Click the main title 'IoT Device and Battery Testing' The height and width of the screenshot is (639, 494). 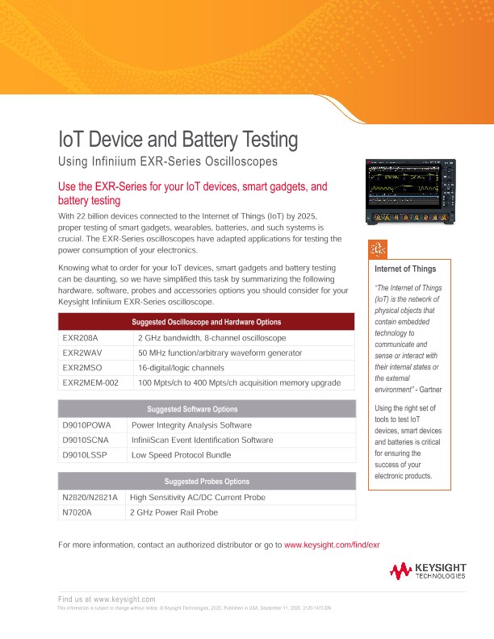(178, 140)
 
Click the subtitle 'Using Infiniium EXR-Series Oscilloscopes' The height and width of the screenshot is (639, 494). (168, 162)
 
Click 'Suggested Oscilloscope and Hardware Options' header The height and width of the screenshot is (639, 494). (207, 323)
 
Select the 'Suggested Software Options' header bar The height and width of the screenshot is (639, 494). (207, 409)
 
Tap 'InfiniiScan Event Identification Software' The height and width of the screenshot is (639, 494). (202, 440)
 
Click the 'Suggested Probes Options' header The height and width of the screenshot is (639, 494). (207, 482)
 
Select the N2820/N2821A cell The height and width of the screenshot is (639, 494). (90, 497)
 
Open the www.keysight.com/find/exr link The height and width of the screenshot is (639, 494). (332, 545)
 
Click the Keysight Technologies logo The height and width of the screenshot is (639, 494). (428, 572)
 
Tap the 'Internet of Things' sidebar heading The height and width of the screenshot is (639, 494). (406, 269)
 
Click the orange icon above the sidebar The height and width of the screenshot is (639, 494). (376, 248)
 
